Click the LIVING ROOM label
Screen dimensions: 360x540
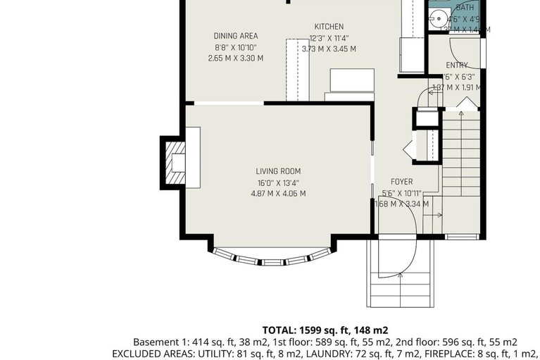[x=278, y=171]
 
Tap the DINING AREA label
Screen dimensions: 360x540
[x=236, y=36]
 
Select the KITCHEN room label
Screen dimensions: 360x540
[x=329, y=27]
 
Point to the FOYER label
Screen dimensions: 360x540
[x=401, y=182]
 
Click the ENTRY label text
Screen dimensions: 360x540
[x=456, y=66]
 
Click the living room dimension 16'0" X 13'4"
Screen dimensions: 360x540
[x=278, y=182]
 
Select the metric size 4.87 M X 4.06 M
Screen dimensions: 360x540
[x=278, y=194]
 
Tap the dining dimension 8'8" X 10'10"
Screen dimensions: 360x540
[x=236, y=47]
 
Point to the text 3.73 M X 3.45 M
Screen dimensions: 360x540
[x=329, y=49]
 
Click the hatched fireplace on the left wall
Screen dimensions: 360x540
[x=172, y=161]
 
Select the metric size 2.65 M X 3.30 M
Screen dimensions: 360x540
[x=236, y=58]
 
